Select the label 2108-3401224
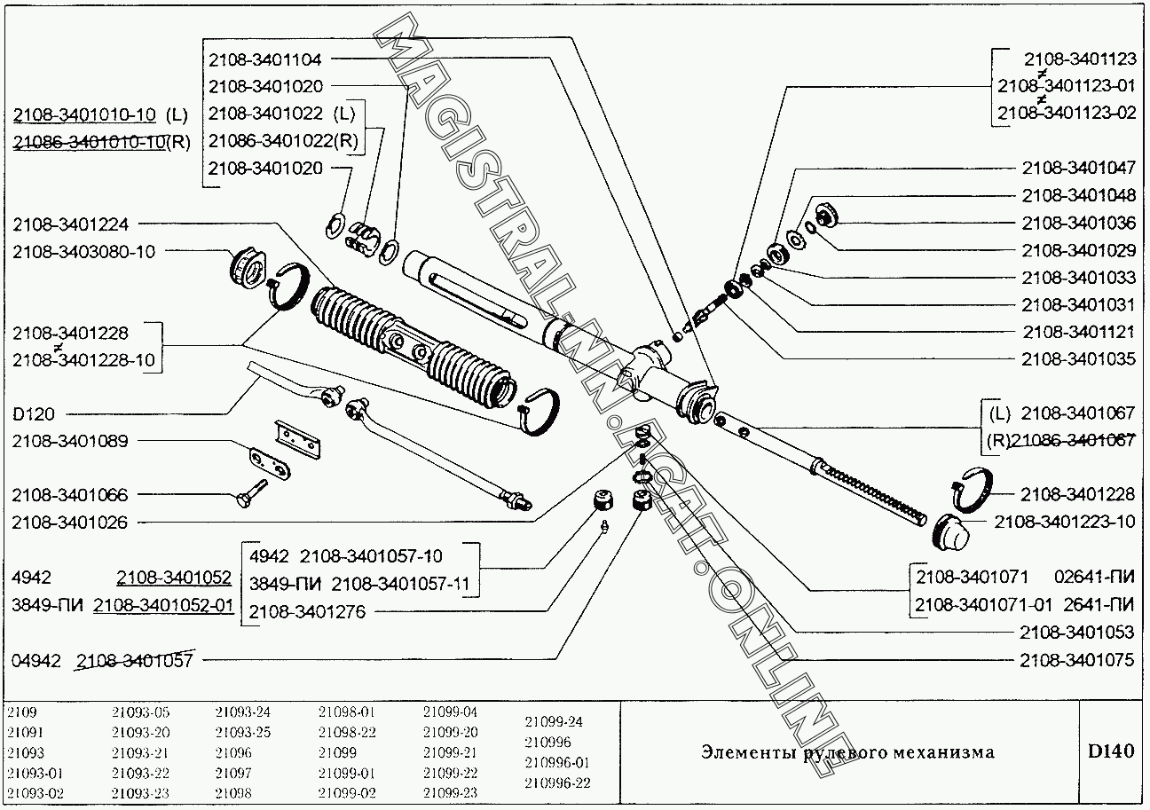tap(70, 224)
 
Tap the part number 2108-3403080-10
tap(83, 251)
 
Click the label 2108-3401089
tap(70, 441)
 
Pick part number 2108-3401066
tap(70, 494)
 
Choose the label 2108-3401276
tap(307, 611)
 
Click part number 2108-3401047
tap(1078, 168)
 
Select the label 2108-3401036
tap(1078, 223)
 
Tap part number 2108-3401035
tap(1078, 359)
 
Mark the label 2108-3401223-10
tap(1064, 522)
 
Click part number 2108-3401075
tap(1078, 661)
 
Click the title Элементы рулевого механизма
tap(847, 753)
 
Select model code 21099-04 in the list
tap(450, 712)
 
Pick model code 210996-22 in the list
tap(557, 782)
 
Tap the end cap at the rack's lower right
tap(950, 531)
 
